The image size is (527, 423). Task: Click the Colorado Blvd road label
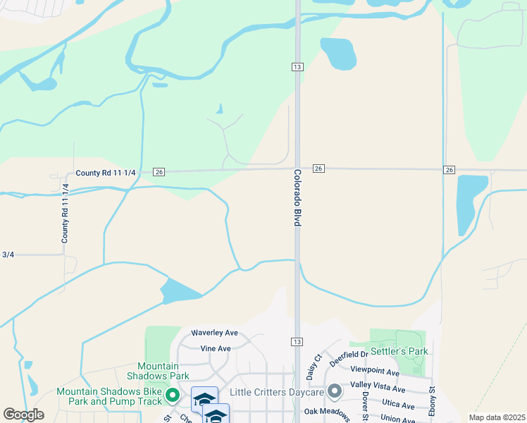[x=297, y=197]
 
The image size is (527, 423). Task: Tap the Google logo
[x=23, y=415]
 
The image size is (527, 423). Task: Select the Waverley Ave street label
[x=215, y=333]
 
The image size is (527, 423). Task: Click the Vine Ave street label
[x=216, y=348]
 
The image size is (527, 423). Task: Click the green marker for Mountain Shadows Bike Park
[x=171, y=394]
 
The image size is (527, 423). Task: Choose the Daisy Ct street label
[x=313, y=366]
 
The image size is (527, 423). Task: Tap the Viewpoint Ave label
[x=375, y=372]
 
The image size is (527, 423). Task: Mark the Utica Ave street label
[x=397, y=405]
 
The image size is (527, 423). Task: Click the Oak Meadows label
[x=327, y=411]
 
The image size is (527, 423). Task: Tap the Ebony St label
[x=432, y=400]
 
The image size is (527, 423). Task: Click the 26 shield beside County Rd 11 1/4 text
[x=159, y=172]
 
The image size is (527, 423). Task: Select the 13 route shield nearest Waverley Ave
[x=297, y=341]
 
